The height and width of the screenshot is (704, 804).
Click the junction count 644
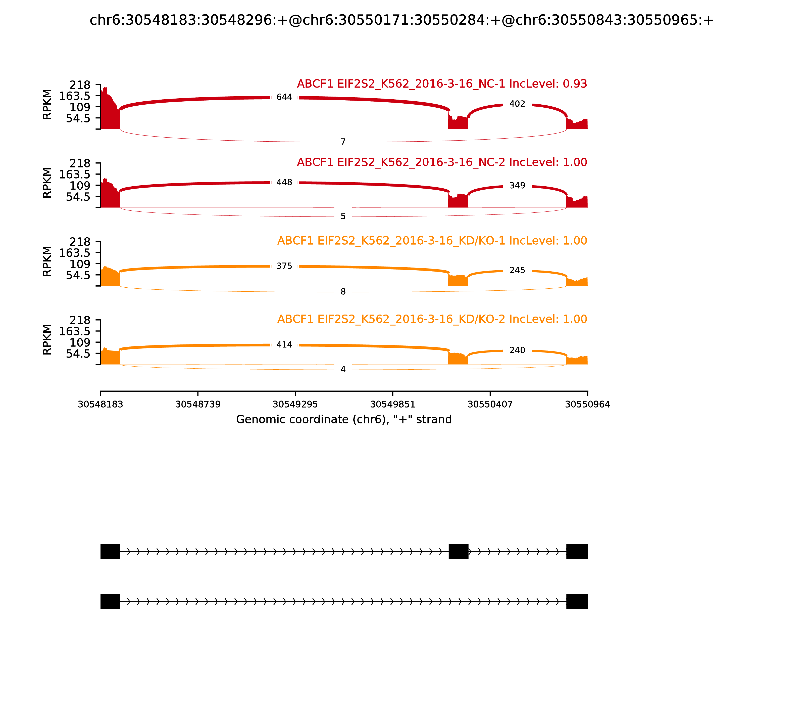click(x=284, y=97)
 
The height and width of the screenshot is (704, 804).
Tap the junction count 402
click(x=517, y=104)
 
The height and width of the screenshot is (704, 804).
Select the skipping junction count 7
click(x=343, y=142)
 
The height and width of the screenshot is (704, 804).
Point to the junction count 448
click(x=284, y=182)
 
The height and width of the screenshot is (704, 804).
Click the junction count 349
click(x=517, y=186)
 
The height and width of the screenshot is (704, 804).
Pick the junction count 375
click(x=284, y=266)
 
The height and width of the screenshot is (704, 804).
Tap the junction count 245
click(x=517, y=270)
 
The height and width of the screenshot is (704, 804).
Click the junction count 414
click(x=284, y=344)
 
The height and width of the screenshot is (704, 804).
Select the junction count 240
click(x=517, y=350)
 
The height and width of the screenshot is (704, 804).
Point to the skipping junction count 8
click(x=343, y=291)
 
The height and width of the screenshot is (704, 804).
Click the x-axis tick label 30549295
click(x=295, y=404)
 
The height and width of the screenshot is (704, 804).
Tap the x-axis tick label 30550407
click(x=490, y=404)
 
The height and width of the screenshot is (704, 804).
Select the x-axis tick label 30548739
click(x=198, y=404)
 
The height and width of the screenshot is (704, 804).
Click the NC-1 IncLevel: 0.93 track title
click(x=442, y=84)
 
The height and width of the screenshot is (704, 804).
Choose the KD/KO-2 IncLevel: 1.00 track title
click(x=432, y=319)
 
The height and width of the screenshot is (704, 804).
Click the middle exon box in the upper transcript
click(x=458, y=552)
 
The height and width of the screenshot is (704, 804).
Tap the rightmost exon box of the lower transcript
click(x=577, y=601)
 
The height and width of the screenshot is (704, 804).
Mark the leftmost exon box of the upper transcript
click(x=110, y=552)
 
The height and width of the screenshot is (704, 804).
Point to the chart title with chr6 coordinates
click(x=401, y=20)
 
